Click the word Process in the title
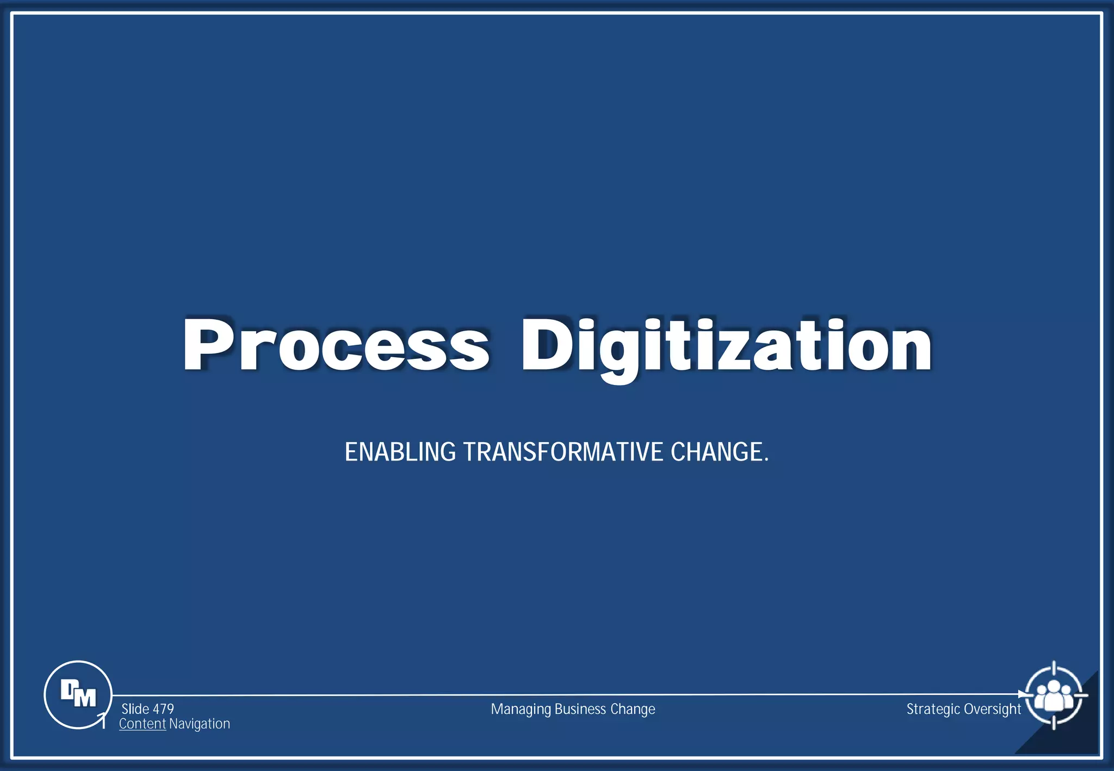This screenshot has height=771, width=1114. coord(336,345)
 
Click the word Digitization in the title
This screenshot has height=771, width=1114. coord(726,347)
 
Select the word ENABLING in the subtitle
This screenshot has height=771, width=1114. coord(400,452)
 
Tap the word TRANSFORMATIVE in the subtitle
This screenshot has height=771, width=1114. coord(563,452)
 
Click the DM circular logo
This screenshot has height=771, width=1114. coord(78,694)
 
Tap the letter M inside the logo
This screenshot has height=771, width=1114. coord(85,697)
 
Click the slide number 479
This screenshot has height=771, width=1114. coord(163,709)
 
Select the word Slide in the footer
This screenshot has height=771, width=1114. coord(135,709)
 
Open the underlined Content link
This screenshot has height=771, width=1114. coord(143,724)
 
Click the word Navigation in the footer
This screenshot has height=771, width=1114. coord(200,724)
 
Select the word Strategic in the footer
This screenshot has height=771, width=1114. coord(933,710)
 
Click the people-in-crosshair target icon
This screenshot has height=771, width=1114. coord(1054,695)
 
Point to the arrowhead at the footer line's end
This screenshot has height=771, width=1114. coord(1022,694)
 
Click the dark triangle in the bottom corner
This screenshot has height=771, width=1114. coord(1074,734)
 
